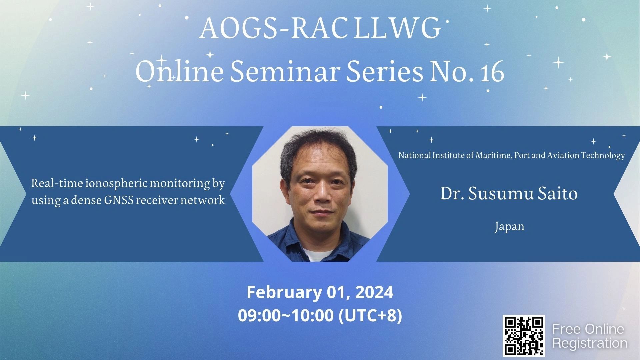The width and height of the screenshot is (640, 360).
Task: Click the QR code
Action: coord(524,336)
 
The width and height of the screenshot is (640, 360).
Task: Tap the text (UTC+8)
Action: coord(370,316)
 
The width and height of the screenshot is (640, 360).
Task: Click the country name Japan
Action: coord(509,227)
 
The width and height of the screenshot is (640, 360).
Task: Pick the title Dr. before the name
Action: coord(452,193)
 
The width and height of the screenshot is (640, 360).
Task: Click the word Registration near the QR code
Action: coord(590,343)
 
